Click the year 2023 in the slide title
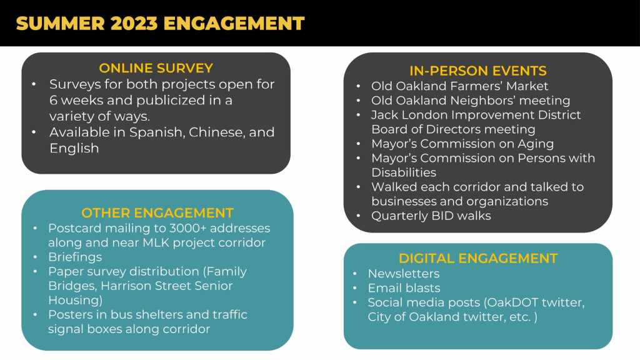click(134, 23)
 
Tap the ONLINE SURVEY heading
click(156, 68)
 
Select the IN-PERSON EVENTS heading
click(478, 71)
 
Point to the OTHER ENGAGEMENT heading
click(157, 213)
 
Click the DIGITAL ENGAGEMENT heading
click(478, 258)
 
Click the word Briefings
click(75, 257)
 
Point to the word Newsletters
click(404, 274)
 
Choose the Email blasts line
click(404, 288)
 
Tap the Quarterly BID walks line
click(431, 216)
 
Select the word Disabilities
click(404, 172)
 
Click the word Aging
click(536, 144)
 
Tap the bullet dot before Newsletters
click(355, 274)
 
